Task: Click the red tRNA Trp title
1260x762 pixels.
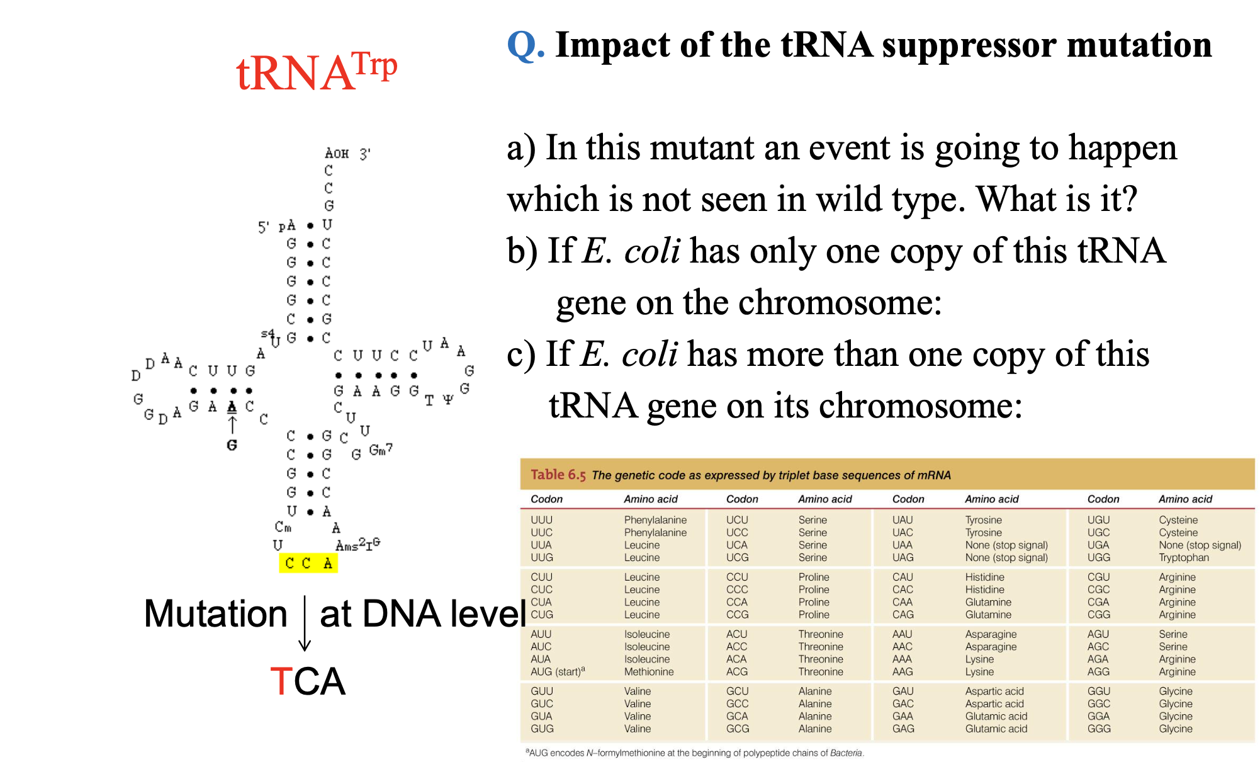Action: pyautogui.click(x=317, y=72)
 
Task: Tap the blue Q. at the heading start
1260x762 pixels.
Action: pyautogui.click(x=526, y=45)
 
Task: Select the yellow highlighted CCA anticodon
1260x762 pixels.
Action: pyautogui.click(x=308, y=563)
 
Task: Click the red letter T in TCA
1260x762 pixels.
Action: pyautogui.click(x=281, y=681)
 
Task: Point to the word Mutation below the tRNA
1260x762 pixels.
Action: pyautogui.click(x=215, y=613)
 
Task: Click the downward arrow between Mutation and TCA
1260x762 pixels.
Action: pyautogui.click(x=305, y=623)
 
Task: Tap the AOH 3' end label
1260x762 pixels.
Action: pyautogui.click(x=347, y=153)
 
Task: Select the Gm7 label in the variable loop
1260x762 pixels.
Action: pyautogui.click(x=380, y=450)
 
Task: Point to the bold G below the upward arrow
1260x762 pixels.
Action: pyautogui.click(x=232, y=445)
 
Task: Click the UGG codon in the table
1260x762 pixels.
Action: pyautogui.click(x=1098, y=557)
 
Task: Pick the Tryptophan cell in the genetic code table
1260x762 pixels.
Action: pyautogui.click(x=1183, y=557)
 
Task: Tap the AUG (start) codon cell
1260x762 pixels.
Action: pyautogui.click(x=557, y=671)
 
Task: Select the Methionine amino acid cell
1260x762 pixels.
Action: pyautogui.click(x=648, y=672)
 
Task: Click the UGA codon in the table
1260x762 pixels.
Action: pyautogui.click(x=1098, y=545)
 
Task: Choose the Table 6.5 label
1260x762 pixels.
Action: pyautogui.click(x=558, y=475)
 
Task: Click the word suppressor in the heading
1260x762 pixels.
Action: pyautogui.click(x=969, y=45)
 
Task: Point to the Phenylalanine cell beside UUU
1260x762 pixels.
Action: pyautogui.click(x=655, y=520)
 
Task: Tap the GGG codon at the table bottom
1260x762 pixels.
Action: pyautogui.click(x=1099, y=729)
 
